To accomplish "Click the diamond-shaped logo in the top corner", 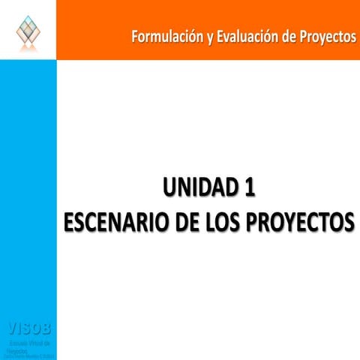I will [x=28, y=29].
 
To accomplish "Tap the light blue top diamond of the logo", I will [x=28, y=18].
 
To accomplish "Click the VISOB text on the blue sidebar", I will [x=28, y=328].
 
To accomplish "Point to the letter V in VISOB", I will [x=11, y=328].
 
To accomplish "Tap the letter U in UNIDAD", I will [x=158, y=186].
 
